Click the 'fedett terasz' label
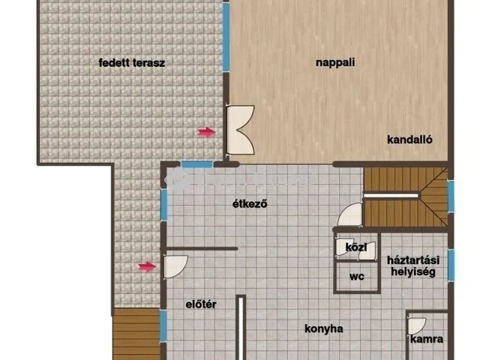[x=132, y=63]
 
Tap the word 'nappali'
[x=335, y=63]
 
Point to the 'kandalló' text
[x=409, y=139]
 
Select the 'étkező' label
[x=250, y=203]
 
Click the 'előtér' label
[x=201, y=304]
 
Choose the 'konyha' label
[x=324, y=328]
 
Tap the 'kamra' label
[x=427, y=339]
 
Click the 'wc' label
[x=357, y=277]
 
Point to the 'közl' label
[x=356, y=247]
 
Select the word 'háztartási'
[x=413, y=260]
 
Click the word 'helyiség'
[x=413, y=271]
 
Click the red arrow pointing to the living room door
[x=207, y=132]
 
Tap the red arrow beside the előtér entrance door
[x=147, y=267]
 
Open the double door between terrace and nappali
[x=241, y=130]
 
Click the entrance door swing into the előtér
[x=175, y=267]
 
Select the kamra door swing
[x=417, y=326]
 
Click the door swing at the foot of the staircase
[x=350, y=214]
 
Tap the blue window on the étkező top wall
[x=196, y=165]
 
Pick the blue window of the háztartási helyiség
[x=451, y=265]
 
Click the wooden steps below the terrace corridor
[x=136, y=334]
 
